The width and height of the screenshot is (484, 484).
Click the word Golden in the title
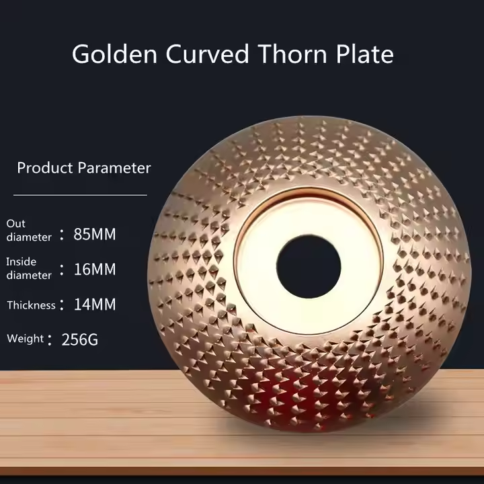coord(114,54)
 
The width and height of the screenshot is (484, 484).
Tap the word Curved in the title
coord(207,54)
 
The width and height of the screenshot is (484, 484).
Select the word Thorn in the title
coord(292,54)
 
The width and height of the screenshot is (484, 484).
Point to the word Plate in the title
coord(364,54)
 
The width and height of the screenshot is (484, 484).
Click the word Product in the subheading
coord(45,168)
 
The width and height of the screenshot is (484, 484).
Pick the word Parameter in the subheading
coord(114,168)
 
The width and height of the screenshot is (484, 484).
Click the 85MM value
coord(95,235)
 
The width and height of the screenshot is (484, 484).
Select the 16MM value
coord(95,270)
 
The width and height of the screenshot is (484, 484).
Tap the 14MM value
coord(95,305)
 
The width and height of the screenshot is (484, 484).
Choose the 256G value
coord(79,340)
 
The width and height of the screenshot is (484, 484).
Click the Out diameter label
coord(29,231)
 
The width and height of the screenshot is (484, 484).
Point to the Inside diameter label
coord(29,268)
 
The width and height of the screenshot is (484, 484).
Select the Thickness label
coord(31,305)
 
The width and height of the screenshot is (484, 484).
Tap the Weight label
coord(26,339)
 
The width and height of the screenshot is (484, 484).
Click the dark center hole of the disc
coord(309,267)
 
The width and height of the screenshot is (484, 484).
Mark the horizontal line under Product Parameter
coord(80,195)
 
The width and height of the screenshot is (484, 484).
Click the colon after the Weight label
coord(50,340)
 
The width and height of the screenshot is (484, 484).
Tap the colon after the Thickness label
coord(62,305)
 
